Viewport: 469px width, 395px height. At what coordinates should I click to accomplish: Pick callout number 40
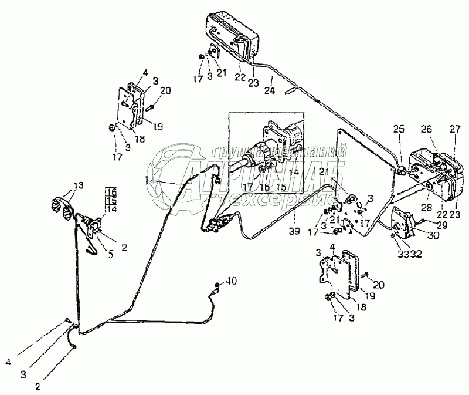coord(232,282)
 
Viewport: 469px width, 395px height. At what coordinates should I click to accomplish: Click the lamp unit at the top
coord(230,33)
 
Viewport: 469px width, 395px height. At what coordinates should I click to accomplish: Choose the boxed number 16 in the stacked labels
coord(111,191)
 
